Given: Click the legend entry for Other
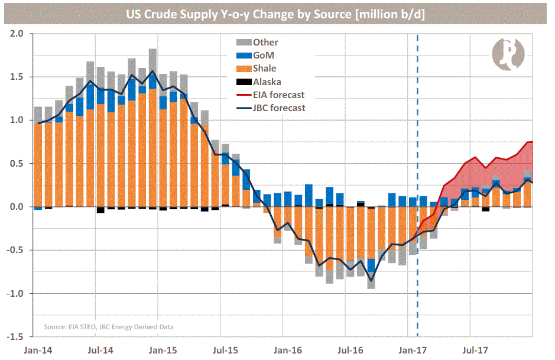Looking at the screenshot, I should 265,42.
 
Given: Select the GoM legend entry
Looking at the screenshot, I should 263,56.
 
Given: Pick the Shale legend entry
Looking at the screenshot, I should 264,69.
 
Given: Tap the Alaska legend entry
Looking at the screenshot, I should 267,82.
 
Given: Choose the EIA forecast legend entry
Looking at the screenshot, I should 278,95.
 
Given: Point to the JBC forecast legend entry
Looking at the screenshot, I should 278,108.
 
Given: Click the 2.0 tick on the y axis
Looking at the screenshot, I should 17,34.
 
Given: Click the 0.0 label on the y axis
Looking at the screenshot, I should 17,207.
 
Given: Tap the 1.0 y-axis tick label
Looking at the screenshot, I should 17,121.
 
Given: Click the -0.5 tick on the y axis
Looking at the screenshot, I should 15,250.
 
